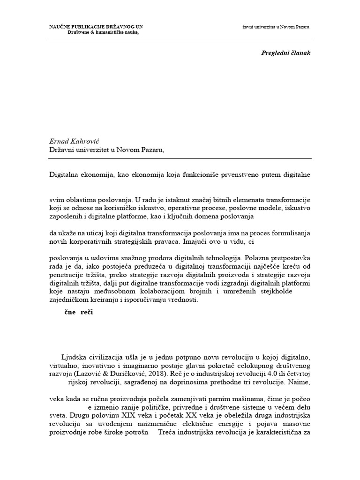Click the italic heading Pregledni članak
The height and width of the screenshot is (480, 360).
tap(286, 53)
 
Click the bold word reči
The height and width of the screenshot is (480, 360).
tap(86, 313)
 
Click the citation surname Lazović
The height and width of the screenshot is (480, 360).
tap(105, 375)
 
